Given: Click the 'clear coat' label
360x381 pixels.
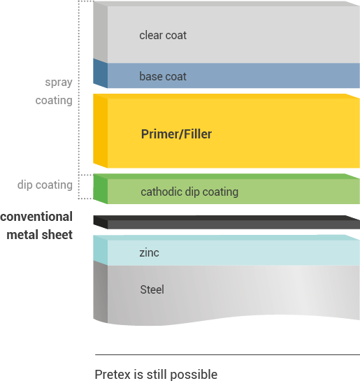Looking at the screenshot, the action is pos(163,35).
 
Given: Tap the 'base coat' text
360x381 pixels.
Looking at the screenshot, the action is pos(163,76).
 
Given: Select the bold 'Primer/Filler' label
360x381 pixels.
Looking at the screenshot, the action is pos(176,134).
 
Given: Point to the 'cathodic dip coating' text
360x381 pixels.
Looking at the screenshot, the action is pos(189,192).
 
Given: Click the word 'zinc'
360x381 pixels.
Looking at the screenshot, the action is pos(149,252).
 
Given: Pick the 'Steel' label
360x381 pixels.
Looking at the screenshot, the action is pos(152,289).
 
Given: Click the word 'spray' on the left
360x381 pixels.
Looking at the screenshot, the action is pos(59,82).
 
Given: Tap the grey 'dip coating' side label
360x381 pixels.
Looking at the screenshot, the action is pos(45,185).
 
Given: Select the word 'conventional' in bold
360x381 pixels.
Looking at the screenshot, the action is pos(36,217).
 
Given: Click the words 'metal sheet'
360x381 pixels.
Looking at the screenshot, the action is pos(40,235).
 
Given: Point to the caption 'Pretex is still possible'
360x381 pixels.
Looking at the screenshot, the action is pos(156,374).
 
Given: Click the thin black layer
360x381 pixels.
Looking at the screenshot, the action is pos(226,222).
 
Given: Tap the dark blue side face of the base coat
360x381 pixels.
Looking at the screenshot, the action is pos(101,73).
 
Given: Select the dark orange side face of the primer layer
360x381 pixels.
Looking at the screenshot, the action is pos(101,131).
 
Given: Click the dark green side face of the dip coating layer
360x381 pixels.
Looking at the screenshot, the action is pos(101,189).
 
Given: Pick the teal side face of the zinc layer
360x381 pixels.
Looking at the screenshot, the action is pos(101,250).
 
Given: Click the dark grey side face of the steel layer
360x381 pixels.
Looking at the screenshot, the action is pos(101,292).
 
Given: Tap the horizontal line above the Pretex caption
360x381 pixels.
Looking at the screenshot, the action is pos(227,354).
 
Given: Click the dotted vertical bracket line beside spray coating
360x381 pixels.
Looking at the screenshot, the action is pos(79,87).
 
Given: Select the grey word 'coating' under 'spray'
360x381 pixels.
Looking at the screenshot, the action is pos(54,101).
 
